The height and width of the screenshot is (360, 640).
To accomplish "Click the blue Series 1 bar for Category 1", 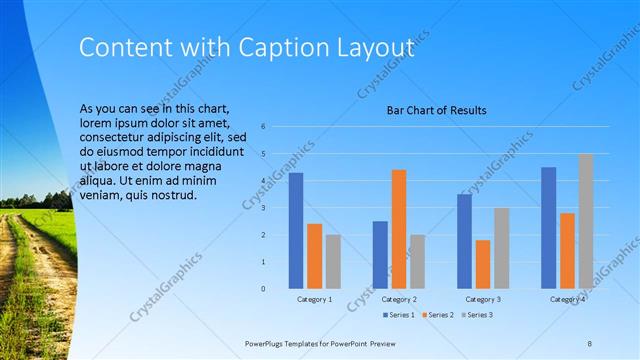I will [x=296, y=231].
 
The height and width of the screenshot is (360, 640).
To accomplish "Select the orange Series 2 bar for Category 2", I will [x=398, y=229].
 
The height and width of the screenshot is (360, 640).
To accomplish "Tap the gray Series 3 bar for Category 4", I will [x=585, y=221].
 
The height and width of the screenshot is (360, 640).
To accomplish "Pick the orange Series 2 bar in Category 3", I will [x=483, y=264].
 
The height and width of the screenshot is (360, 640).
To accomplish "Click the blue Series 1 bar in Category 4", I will [x=548, y=228].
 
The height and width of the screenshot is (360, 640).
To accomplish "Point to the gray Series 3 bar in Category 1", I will [x=332, y=262].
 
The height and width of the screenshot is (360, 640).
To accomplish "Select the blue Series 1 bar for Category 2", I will [x=380, y=255].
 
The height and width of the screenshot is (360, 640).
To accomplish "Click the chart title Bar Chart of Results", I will [x=436, y=110].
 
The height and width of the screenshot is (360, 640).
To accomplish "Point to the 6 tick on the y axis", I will [x=263, y=127].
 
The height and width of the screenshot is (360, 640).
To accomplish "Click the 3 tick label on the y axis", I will [x=263, y=208].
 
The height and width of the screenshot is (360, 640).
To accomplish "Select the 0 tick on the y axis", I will [x=263, y=289].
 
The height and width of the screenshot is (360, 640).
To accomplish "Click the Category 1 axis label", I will [x=314, y=299].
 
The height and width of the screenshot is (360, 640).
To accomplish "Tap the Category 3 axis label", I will [x=483, y=299].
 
